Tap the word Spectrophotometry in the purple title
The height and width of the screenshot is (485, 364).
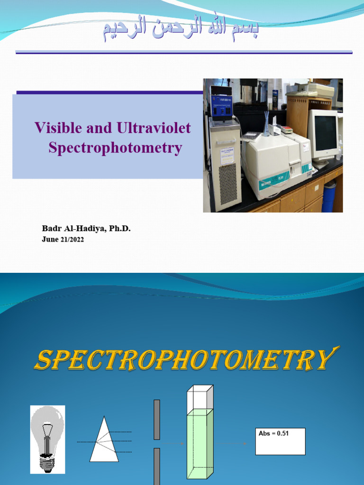click(x=115, y=148)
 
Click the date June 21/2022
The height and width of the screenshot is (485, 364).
click(x=63, y=240)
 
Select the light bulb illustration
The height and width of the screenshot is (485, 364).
click(x=47, y=438)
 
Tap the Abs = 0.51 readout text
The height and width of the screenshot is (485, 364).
click(x=273, y=434)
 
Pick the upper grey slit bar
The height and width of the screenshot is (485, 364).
click(x=157, y=419)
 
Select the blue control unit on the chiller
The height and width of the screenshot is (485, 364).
click(x=221, y=106)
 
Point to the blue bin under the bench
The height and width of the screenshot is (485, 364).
click(x=328, y=197)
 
